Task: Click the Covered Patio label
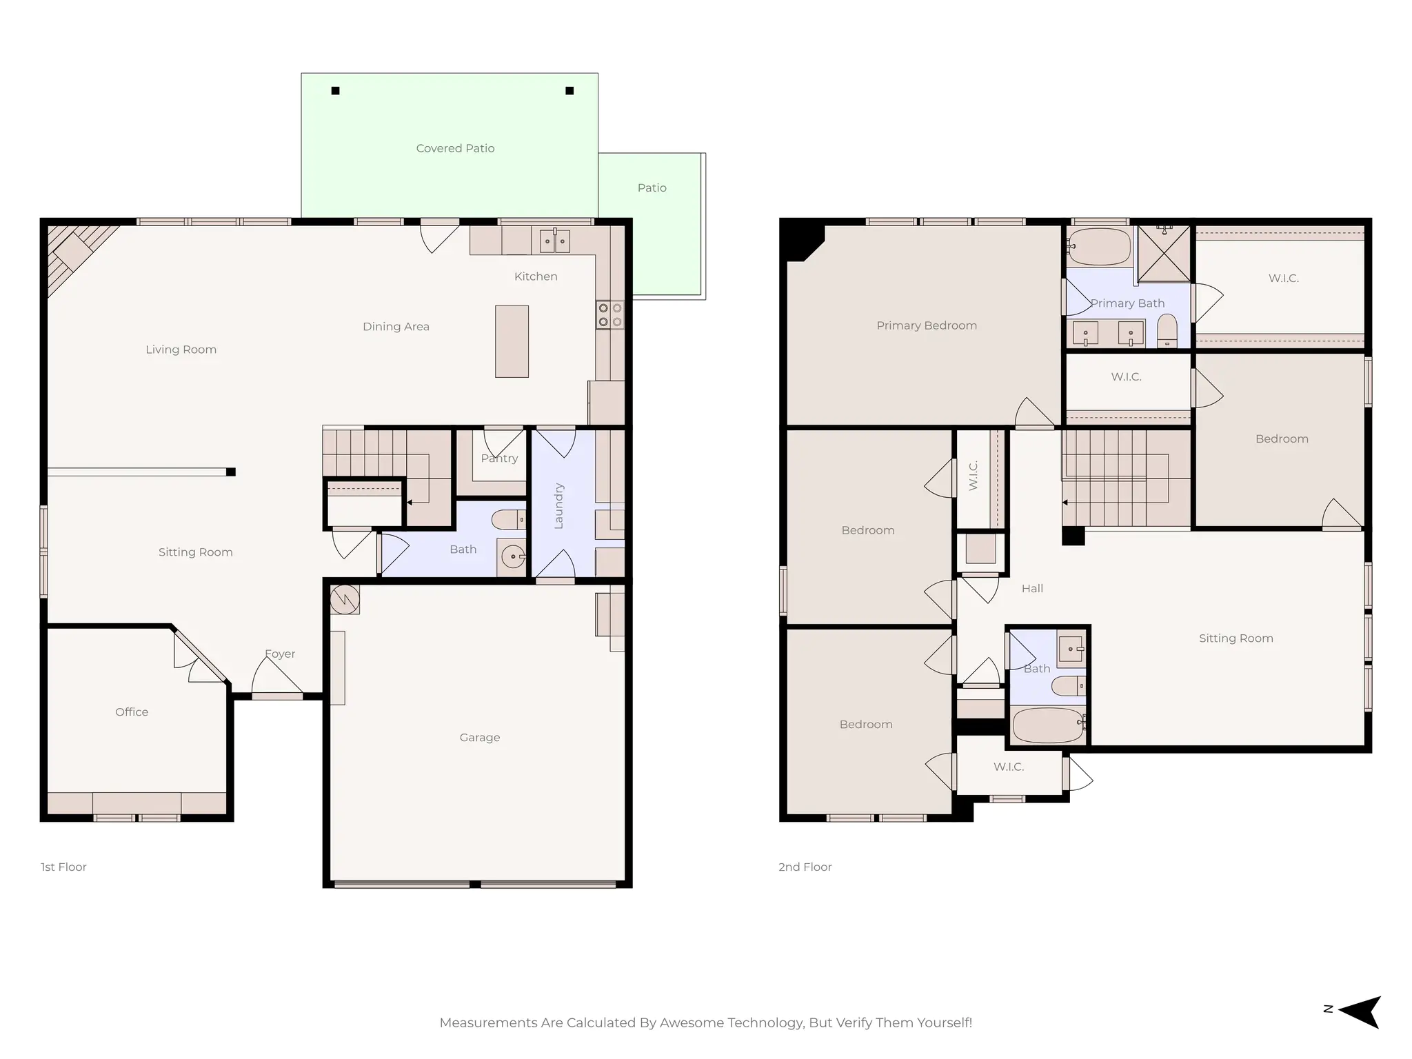click(x=455, y=148)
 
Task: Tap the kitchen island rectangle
click(x=512, y=341)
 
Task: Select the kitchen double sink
click(x=554, y=241)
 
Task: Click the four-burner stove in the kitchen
click(x=609, y=315)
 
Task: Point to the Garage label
click(x=480, y=737)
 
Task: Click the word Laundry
click(x=558, y=506)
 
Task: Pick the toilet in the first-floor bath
click(x=508, y=519)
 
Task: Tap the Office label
click(x=132, y=712)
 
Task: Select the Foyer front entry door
click(x=277, y=679)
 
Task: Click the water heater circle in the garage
click(x=344, y=599)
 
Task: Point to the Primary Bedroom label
click(x=926, y=325)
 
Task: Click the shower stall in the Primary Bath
click(x=1163, y=254)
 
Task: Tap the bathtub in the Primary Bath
click(x=1099, y=246)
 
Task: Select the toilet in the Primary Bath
click(x=1167, y=330)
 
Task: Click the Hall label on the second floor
click(x=1031, y=588)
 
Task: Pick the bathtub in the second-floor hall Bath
click(x=1048, y=725)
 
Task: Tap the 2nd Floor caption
click(x=805, y=867)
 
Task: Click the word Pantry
click(x=499, y=458)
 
